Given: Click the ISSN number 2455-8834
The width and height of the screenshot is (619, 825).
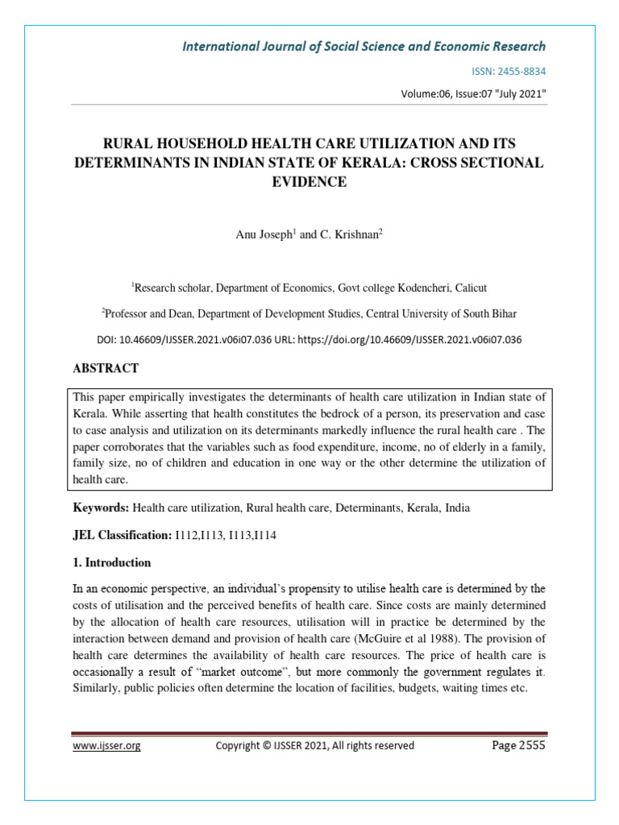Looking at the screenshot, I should tap(520, 72).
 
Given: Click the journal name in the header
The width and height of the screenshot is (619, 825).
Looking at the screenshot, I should tap(364, 46).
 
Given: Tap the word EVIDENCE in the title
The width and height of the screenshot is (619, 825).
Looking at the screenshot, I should tap(309, 182).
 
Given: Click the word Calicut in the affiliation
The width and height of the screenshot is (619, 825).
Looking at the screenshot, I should tap(468, 288).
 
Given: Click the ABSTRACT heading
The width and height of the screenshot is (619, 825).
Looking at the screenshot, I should tap(106, 368).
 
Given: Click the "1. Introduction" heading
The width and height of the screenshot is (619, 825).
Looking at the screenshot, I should tap(112, 562).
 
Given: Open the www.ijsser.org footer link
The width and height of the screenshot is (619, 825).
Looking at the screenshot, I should tap(107, 746).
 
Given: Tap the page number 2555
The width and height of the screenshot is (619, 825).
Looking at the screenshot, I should tap(530, 745).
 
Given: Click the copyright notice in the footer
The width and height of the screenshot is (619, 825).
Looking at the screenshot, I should tap(315, 746).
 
